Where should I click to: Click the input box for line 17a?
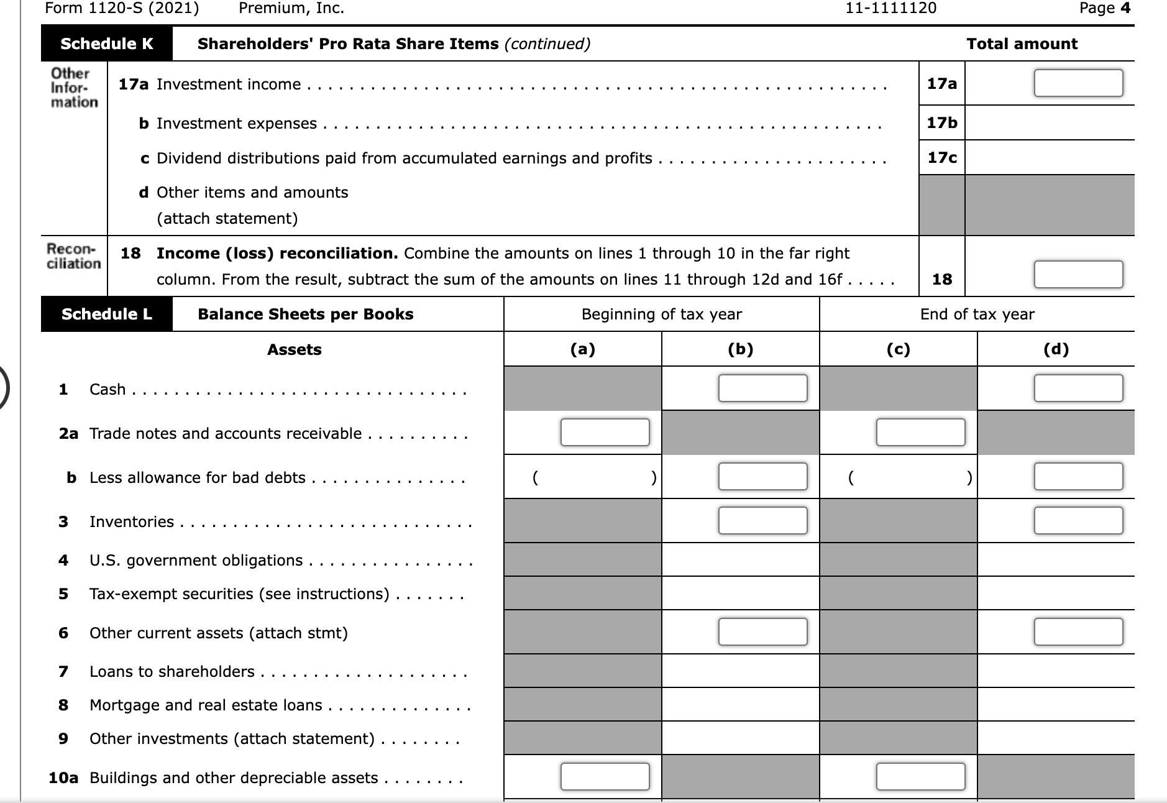click(1078, 83)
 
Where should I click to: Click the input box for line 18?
click(1078, 275)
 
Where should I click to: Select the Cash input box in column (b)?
click(762, 388)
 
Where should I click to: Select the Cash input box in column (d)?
click(1078, 388)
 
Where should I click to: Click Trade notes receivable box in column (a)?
click(605, 433)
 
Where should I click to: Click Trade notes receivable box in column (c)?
click(920, 433)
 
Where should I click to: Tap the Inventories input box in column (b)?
click(762, 521)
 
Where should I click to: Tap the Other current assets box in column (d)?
click(1078, 632)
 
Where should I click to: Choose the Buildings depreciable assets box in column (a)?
click(605, 777)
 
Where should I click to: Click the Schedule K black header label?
click(107, 44)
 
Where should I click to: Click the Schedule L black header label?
click(107, 314)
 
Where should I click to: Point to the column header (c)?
click(898, 349)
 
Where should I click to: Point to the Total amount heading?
click(1022, 44)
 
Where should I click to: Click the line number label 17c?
click(941, 158)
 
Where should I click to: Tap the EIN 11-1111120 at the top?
click(891, 8)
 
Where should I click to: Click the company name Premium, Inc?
click(291, 8)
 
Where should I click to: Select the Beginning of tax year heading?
click(661, 314)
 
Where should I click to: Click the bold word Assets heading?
click(294, 349)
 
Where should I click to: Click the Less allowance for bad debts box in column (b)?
click(762, 477)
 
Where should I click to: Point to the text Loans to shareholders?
click(172, 671)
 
